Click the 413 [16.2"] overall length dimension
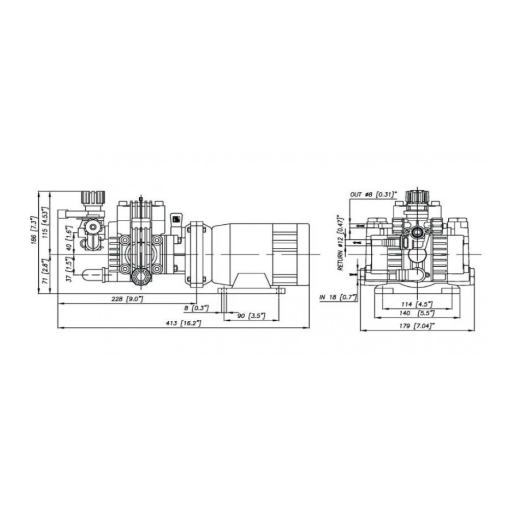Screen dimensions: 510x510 184,323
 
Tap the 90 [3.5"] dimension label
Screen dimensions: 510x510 251,316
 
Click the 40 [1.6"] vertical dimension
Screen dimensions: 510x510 69,238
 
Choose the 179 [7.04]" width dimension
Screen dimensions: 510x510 417,326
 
